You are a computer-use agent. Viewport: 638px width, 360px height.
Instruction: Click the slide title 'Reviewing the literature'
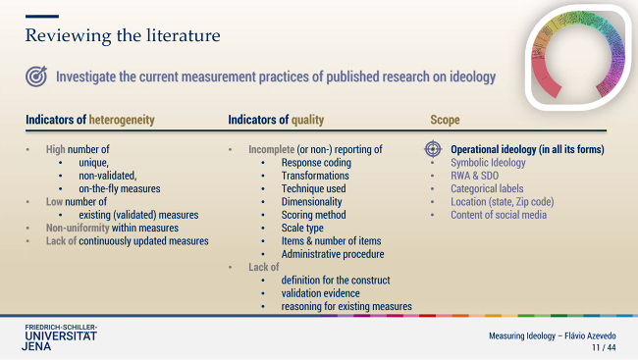(x=123, y=36)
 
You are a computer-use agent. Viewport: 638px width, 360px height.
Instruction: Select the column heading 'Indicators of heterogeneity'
(x=90, y=120)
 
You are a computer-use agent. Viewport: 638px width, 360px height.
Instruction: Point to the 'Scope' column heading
(x=445, y=120)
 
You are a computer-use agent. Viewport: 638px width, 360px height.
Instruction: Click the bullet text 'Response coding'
(x=316, y=163)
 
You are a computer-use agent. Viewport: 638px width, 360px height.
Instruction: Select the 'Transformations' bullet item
(x=314, y=176)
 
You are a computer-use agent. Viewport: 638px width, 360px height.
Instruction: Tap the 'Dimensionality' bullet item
(x=312, y=202)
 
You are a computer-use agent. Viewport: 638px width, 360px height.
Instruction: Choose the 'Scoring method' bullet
(x=313, y=215)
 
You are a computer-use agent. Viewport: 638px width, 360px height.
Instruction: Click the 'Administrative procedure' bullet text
(x=333, y=254)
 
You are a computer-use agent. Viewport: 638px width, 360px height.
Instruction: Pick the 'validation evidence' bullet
(x=320, y=293)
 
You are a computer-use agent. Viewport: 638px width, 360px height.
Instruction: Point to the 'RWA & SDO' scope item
(x=476, y=176)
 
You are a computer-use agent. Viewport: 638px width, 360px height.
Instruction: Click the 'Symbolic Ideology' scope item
(x=488, y=163)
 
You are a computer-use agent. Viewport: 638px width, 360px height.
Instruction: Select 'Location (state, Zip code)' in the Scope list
(x=502, y=202)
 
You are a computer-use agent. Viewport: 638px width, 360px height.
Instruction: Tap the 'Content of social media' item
(x=499, y=215)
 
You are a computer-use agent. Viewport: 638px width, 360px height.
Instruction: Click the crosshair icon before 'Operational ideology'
(x=433, y=149)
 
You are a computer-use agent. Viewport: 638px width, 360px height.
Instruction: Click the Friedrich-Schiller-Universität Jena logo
(x=61, y=335)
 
